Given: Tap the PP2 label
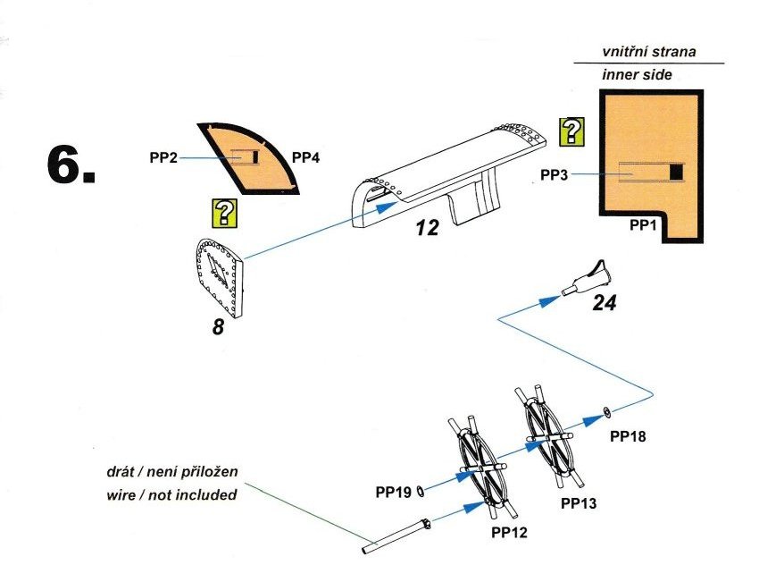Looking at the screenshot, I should click(x=163, y=157).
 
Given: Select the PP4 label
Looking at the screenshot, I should click(x=305, y=157).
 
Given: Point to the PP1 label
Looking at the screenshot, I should click(x=644, y=226).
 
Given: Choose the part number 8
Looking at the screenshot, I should click(x=219, y=328).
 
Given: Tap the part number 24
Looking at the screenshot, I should click(x=605, y=304).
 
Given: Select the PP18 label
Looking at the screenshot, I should click(x=627, y=436).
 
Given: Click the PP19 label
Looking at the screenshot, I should click(x=393, y=491).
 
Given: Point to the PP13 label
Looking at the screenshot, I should click(x=578, y=504).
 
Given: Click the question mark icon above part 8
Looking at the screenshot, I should click(x=224, y=213).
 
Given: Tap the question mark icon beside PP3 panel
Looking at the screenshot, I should click(x=571, y=131).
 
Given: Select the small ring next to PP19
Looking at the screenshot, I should click(x=421, y=489).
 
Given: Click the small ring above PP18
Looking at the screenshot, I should click(x=606, y=412).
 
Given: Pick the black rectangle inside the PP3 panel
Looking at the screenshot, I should click(x=676, y=172).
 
